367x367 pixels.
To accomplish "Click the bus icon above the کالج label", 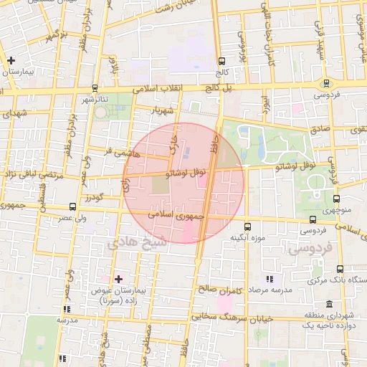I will (221, 61).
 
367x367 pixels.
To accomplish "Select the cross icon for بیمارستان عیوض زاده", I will (118, 278).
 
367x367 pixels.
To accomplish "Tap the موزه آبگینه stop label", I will (247, 237).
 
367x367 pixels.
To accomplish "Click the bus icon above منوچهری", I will (336, 199).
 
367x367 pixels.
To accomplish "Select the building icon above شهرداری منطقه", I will (329, 304).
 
